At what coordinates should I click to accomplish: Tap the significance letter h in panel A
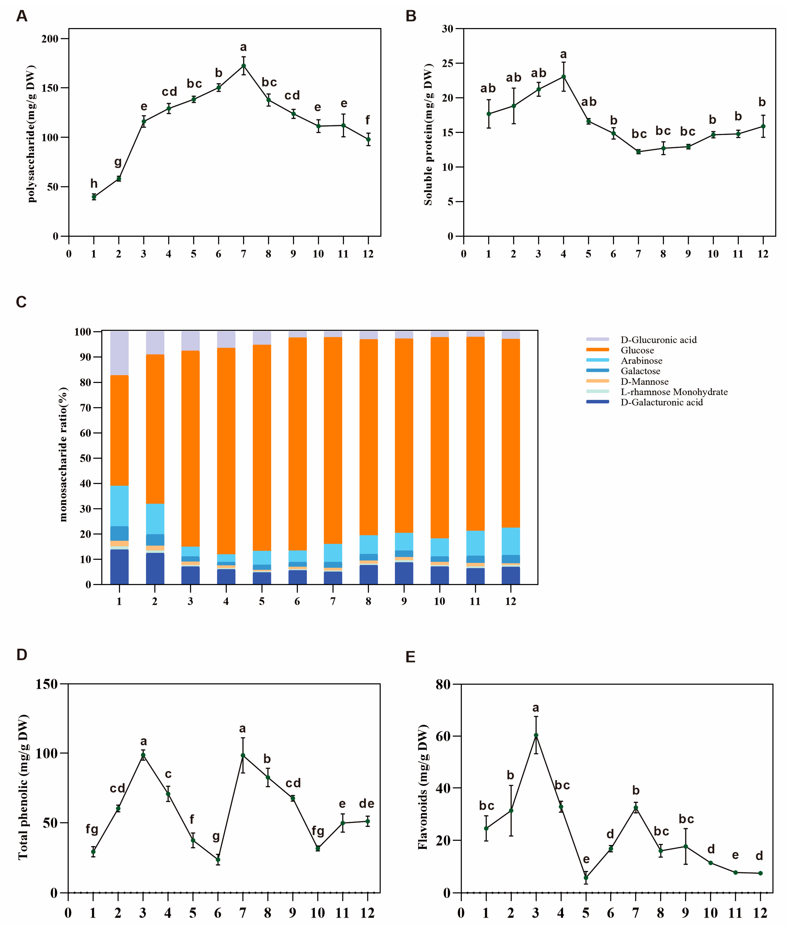pos(94,183)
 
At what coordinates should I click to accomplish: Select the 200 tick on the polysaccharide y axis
pos(50,39)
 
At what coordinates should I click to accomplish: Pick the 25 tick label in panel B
pos(447,63)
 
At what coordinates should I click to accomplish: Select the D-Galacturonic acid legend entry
pos(661,402)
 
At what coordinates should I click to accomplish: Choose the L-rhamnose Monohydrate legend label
pos(674,392)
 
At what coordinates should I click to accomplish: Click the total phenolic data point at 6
pos(218,860)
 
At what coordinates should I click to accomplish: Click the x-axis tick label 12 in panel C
pos(510,601)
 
